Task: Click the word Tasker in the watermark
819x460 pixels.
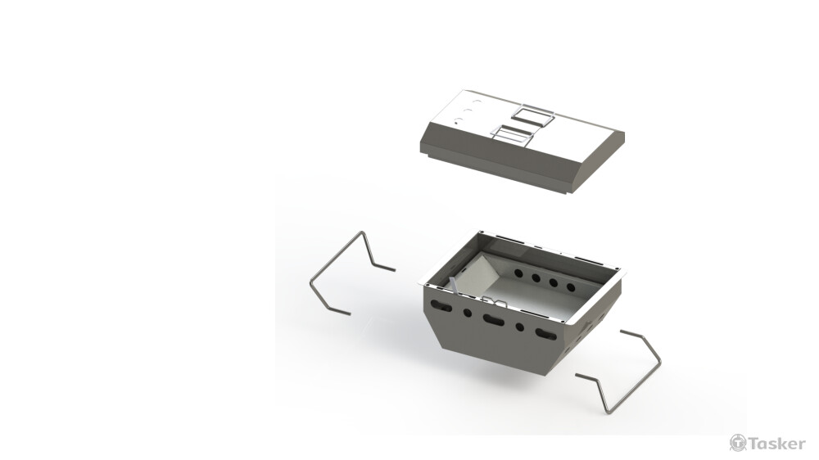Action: pos(777,444)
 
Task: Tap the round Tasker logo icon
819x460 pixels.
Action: pos(738,443)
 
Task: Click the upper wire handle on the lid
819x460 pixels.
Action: pos(533,115)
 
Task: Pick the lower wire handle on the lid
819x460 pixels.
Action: pos(513,135)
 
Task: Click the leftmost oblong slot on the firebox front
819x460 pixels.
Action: pos(441,306)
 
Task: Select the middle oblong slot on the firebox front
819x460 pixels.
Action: pos(494,319)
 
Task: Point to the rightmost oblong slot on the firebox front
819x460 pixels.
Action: pos(545,334)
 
